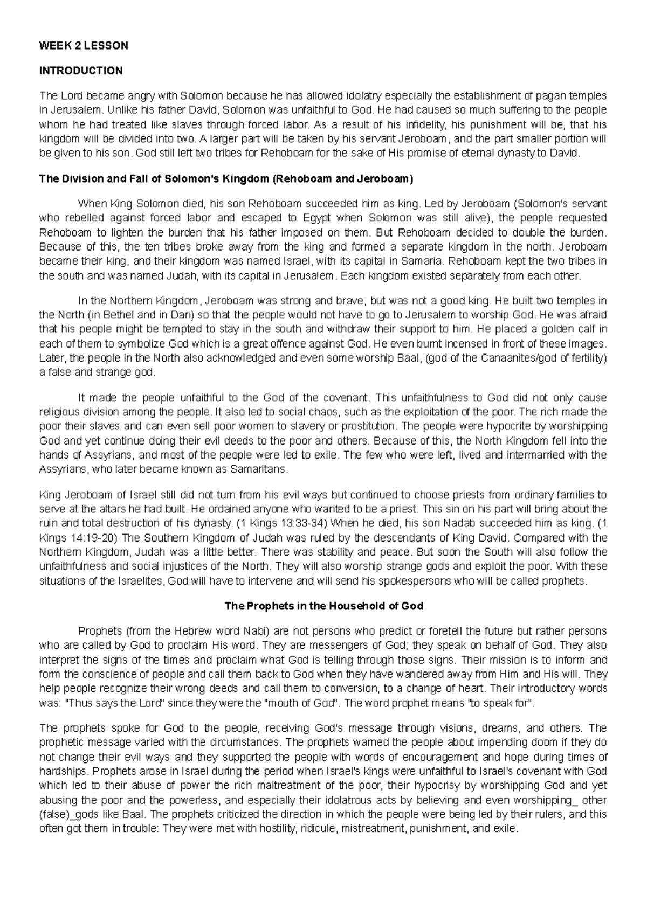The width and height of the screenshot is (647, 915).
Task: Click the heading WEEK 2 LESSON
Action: click(84, 46)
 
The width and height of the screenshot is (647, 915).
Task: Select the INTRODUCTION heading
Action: click(81, 71)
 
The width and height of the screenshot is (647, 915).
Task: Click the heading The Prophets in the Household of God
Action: click(323, 606)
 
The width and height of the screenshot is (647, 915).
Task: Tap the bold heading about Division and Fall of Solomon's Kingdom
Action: click(226, 179)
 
